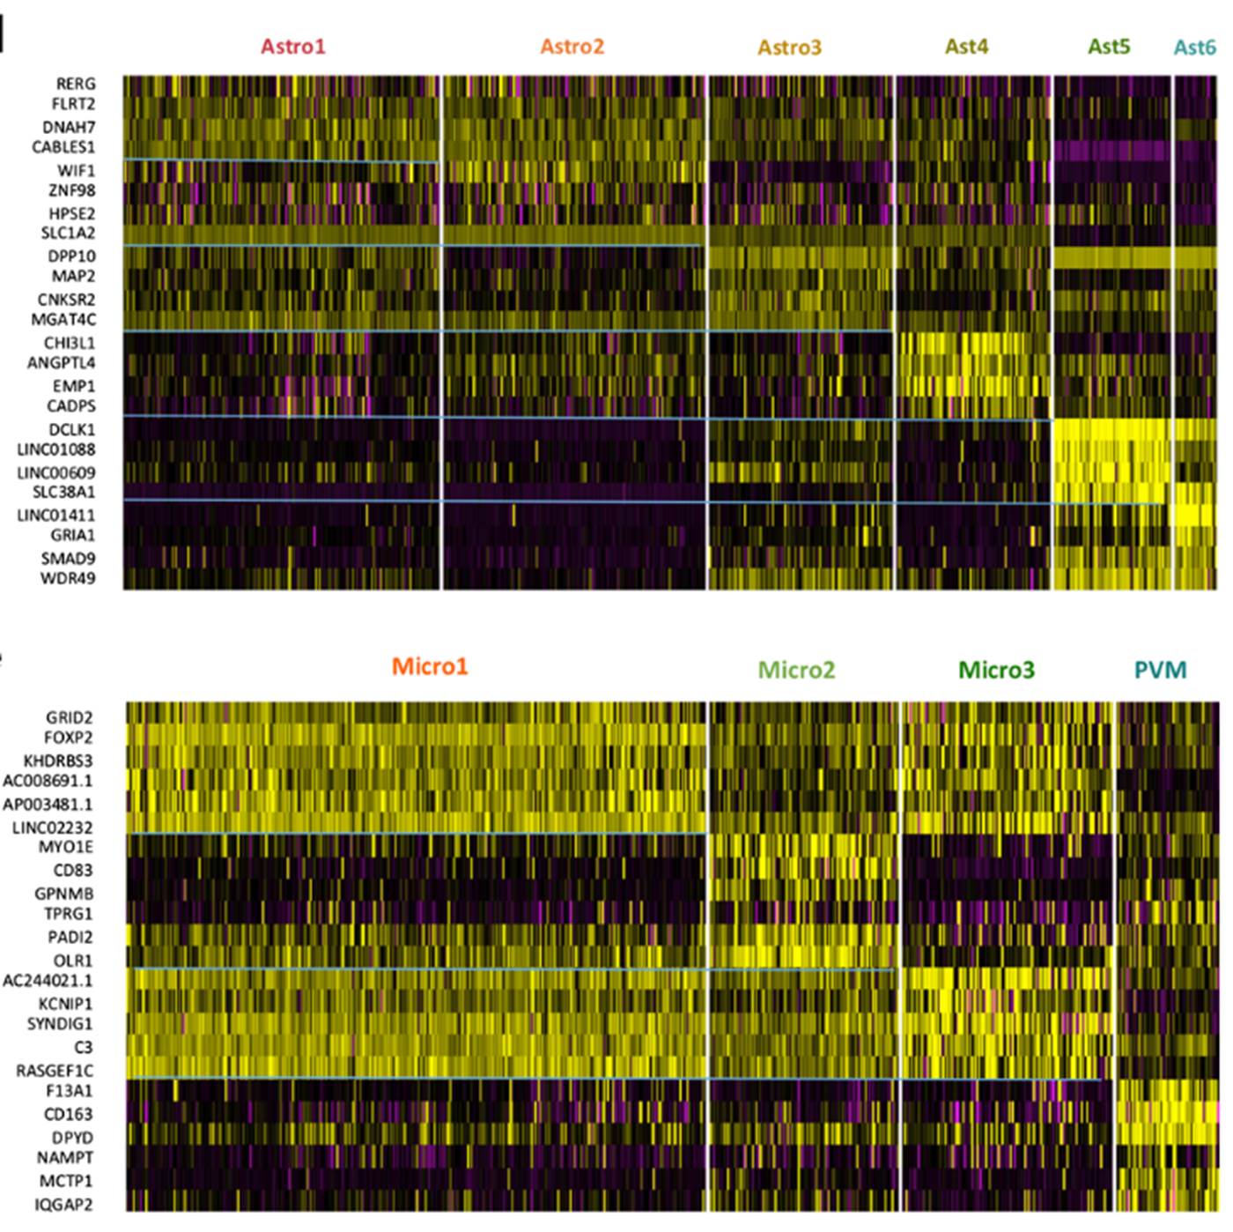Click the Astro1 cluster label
click(292, 47)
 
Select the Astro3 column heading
click(789, 48)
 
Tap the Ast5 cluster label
click(1109, 47)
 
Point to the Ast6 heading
click(1194, 48)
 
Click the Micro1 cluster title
click(430, 666)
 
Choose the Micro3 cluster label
click(996, 671)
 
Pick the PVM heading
click(1160, 671)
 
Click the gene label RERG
click(75, 84)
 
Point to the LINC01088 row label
click(56, 450)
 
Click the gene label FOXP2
click(68, 738)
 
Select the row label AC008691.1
click(48, 781)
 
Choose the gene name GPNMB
click(64, 894)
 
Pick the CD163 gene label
click(68, 1115)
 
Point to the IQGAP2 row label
click(63, 1205)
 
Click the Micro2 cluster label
click(796, 671)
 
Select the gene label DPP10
click(71, 256)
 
